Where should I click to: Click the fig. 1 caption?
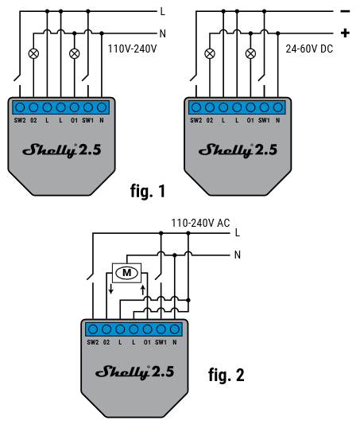click(x=148, y=191)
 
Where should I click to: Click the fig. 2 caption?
click(x=226, y=375)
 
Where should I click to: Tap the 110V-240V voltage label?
click(x=132, y=49)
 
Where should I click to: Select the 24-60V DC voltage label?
click(x=309, y=49)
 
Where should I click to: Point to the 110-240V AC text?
click(x=200, y=223)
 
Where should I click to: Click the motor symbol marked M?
click(x=127, y=273)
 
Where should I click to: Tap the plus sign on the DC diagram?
click(x=345, y=33)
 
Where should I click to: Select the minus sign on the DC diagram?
click(x=345, y=11)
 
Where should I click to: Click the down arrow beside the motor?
click(x=110, y=289)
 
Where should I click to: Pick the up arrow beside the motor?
click(x=142, y=290)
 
